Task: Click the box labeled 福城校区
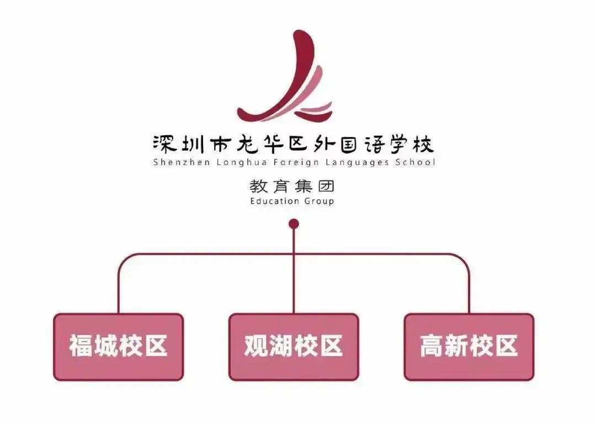point(119,347)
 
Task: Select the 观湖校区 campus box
point(294,347)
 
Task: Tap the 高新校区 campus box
point(469,347)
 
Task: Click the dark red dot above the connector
point(294,224)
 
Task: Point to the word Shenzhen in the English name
point(182,162)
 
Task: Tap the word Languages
point(357,163)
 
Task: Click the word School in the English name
point(415,162)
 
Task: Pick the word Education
point(272,201)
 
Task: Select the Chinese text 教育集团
point(292,186)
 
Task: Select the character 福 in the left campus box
point(81,346)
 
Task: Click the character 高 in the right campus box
point(432,346)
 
